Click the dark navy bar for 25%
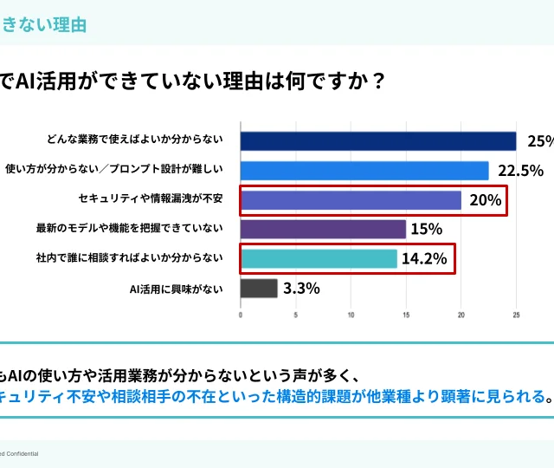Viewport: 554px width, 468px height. (377, 141)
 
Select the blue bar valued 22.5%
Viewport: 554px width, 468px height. (364, 171)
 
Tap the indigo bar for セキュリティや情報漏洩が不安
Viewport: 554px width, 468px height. (350, 200)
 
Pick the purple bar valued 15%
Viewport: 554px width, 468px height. (322, 229)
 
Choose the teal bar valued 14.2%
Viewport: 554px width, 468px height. (318, 258)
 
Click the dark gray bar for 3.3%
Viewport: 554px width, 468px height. (258, 288)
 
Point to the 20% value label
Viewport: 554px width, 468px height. (485, 200)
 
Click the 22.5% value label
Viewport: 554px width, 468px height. (520, 171)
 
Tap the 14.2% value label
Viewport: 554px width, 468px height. (425, 258)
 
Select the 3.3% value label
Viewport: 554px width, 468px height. (300, 288)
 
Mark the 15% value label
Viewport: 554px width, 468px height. (426, 229)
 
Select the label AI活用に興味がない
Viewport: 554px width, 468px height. (176, 288)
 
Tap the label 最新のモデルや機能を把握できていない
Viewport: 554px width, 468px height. (129, 229)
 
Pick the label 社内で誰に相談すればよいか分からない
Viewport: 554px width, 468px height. (129, 258)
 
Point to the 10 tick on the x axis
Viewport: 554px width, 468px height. (351, 315)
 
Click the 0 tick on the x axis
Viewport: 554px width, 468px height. (241, 315)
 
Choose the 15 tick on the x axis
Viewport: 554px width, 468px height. (406, 315)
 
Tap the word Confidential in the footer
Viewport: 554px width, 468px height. (21, 453)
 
